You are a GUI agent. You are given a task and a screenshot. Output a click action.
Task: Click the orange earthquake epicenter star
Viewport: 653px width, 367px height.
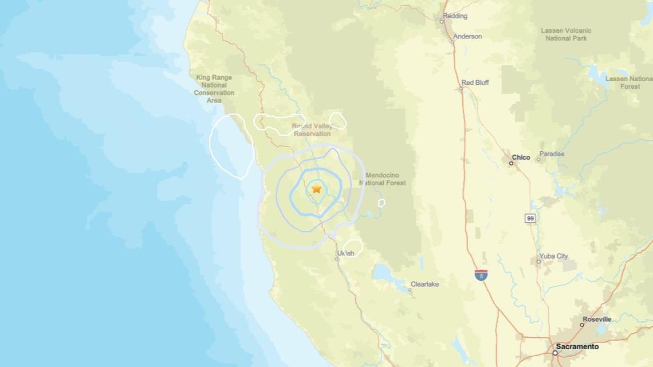pos(316,188)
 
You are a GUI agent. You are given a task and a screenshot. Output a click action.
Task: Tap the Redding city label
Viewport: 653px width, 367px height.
pos(455,16)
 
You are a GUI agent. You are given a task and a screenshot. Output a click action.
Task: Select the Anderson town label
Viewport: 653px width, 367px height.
pos(467,37)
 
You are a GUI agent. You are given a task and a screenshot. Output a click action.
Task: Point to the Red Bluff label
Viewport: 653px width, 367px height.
pos(475,82)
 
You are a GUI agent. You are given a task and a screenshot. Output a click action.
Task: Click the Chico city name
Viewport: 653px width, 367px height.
pos(521,157)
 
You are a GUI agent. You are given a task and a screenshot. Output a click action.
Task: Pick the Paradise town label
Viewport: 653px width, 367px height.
pos(552,154)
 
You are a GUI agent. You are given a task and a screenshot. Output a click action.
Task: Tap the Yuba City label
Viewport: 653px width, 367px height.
pos(553,256)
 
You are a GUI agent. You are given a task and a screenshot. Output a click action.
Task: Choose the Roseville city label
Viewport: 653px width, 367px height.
pos(597,319)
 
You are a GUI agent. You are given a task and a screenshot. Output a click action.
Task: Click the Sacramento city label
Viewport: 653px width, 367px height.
pos(577,346)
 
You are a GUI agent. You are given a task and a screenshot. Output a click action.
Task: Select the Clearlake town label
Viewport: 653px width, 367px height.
pos(424,284)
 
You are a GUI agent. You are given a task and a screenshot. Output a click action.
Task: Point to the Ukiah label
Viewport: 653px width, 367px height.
pos(345,253)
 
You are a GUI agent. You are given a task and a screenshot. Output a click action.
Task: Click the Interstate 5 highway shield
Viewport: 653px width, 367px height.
pos(481,275)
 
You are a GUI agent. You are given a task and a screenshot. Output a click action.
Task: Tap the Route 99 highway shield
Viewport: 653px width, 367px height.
pos(530,218)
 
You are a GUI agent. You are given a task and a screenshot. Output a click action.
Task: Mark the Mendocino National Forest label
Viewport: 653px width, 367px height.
pos(382,179)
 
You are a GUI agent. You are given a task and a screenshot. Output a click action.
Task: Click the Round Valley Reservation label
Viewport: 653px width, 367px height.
pos(312,129)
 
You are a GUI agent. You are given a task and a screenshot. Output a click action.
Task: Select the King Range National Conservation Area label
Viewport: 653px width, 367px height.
pos(214,89)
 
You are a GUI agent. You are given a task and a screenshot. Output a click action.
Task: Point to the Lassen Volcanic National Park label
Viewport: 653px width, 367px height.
pos(566,34)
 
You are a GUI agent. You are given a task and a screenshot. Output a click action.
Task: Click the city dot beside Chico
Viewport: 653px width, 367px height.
pos(511,163)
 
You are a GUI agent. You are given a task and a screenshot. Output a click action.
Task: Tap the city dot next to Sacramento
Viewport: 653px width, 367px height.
pos(554,353)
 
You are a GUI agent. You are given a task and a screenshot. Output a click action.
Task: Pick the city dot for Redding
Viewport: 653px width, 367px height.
pos(442,22)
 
